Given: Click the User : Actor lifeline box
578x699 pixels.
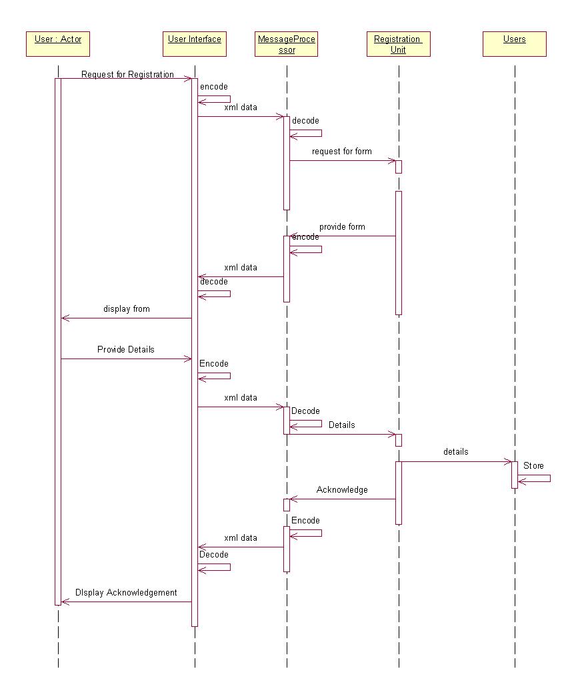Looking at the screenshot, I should click(58, 44).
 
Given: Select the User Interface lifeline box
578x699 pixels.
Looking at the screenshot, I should click(195, 44).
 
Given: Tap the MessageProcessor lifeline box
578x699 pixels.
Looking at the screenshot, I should click(287, 44).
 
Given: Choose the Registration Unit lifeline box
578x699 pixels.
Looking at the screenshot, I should click(398, 44).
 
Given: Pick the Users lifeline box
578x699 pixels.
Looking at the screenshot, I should click(514, 44).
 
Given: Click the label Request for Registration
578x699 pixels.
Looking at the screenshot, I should click(127, 74).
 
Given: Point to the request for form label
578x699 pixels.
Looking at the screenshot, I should click(341, 152).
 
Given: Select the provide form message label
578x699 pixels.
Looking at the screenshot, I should click(342, 227).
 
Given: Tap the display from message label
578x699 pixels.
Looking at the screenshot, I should click(127, 309).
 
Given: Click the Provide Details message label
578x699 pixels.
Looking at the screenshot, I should click(126, 349).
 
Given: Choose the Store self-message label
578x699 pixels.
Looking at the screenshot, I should click(533, 465).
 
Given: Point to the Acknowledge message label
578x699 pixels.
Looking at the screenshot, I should click(342, 490).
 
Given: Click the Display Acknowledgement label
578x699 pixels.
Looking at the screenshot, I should click(126, 592).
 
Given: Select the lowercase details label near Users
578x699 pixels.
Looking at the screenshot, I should click(455, 452).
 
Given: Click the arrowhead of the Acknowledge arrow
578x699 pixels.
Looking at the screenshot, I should click(292, 499).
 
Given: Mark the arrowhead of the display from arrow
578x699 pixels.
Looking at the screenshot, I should click(64, 318).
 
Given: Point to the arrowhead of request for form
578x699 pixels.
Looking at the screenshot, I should click(393, 160).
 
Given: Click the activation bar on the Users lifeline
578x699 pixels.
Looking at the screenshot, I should click(515, 474).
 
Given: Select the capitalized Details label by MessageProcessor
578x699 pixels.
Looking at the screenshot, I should click(341, 425).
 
